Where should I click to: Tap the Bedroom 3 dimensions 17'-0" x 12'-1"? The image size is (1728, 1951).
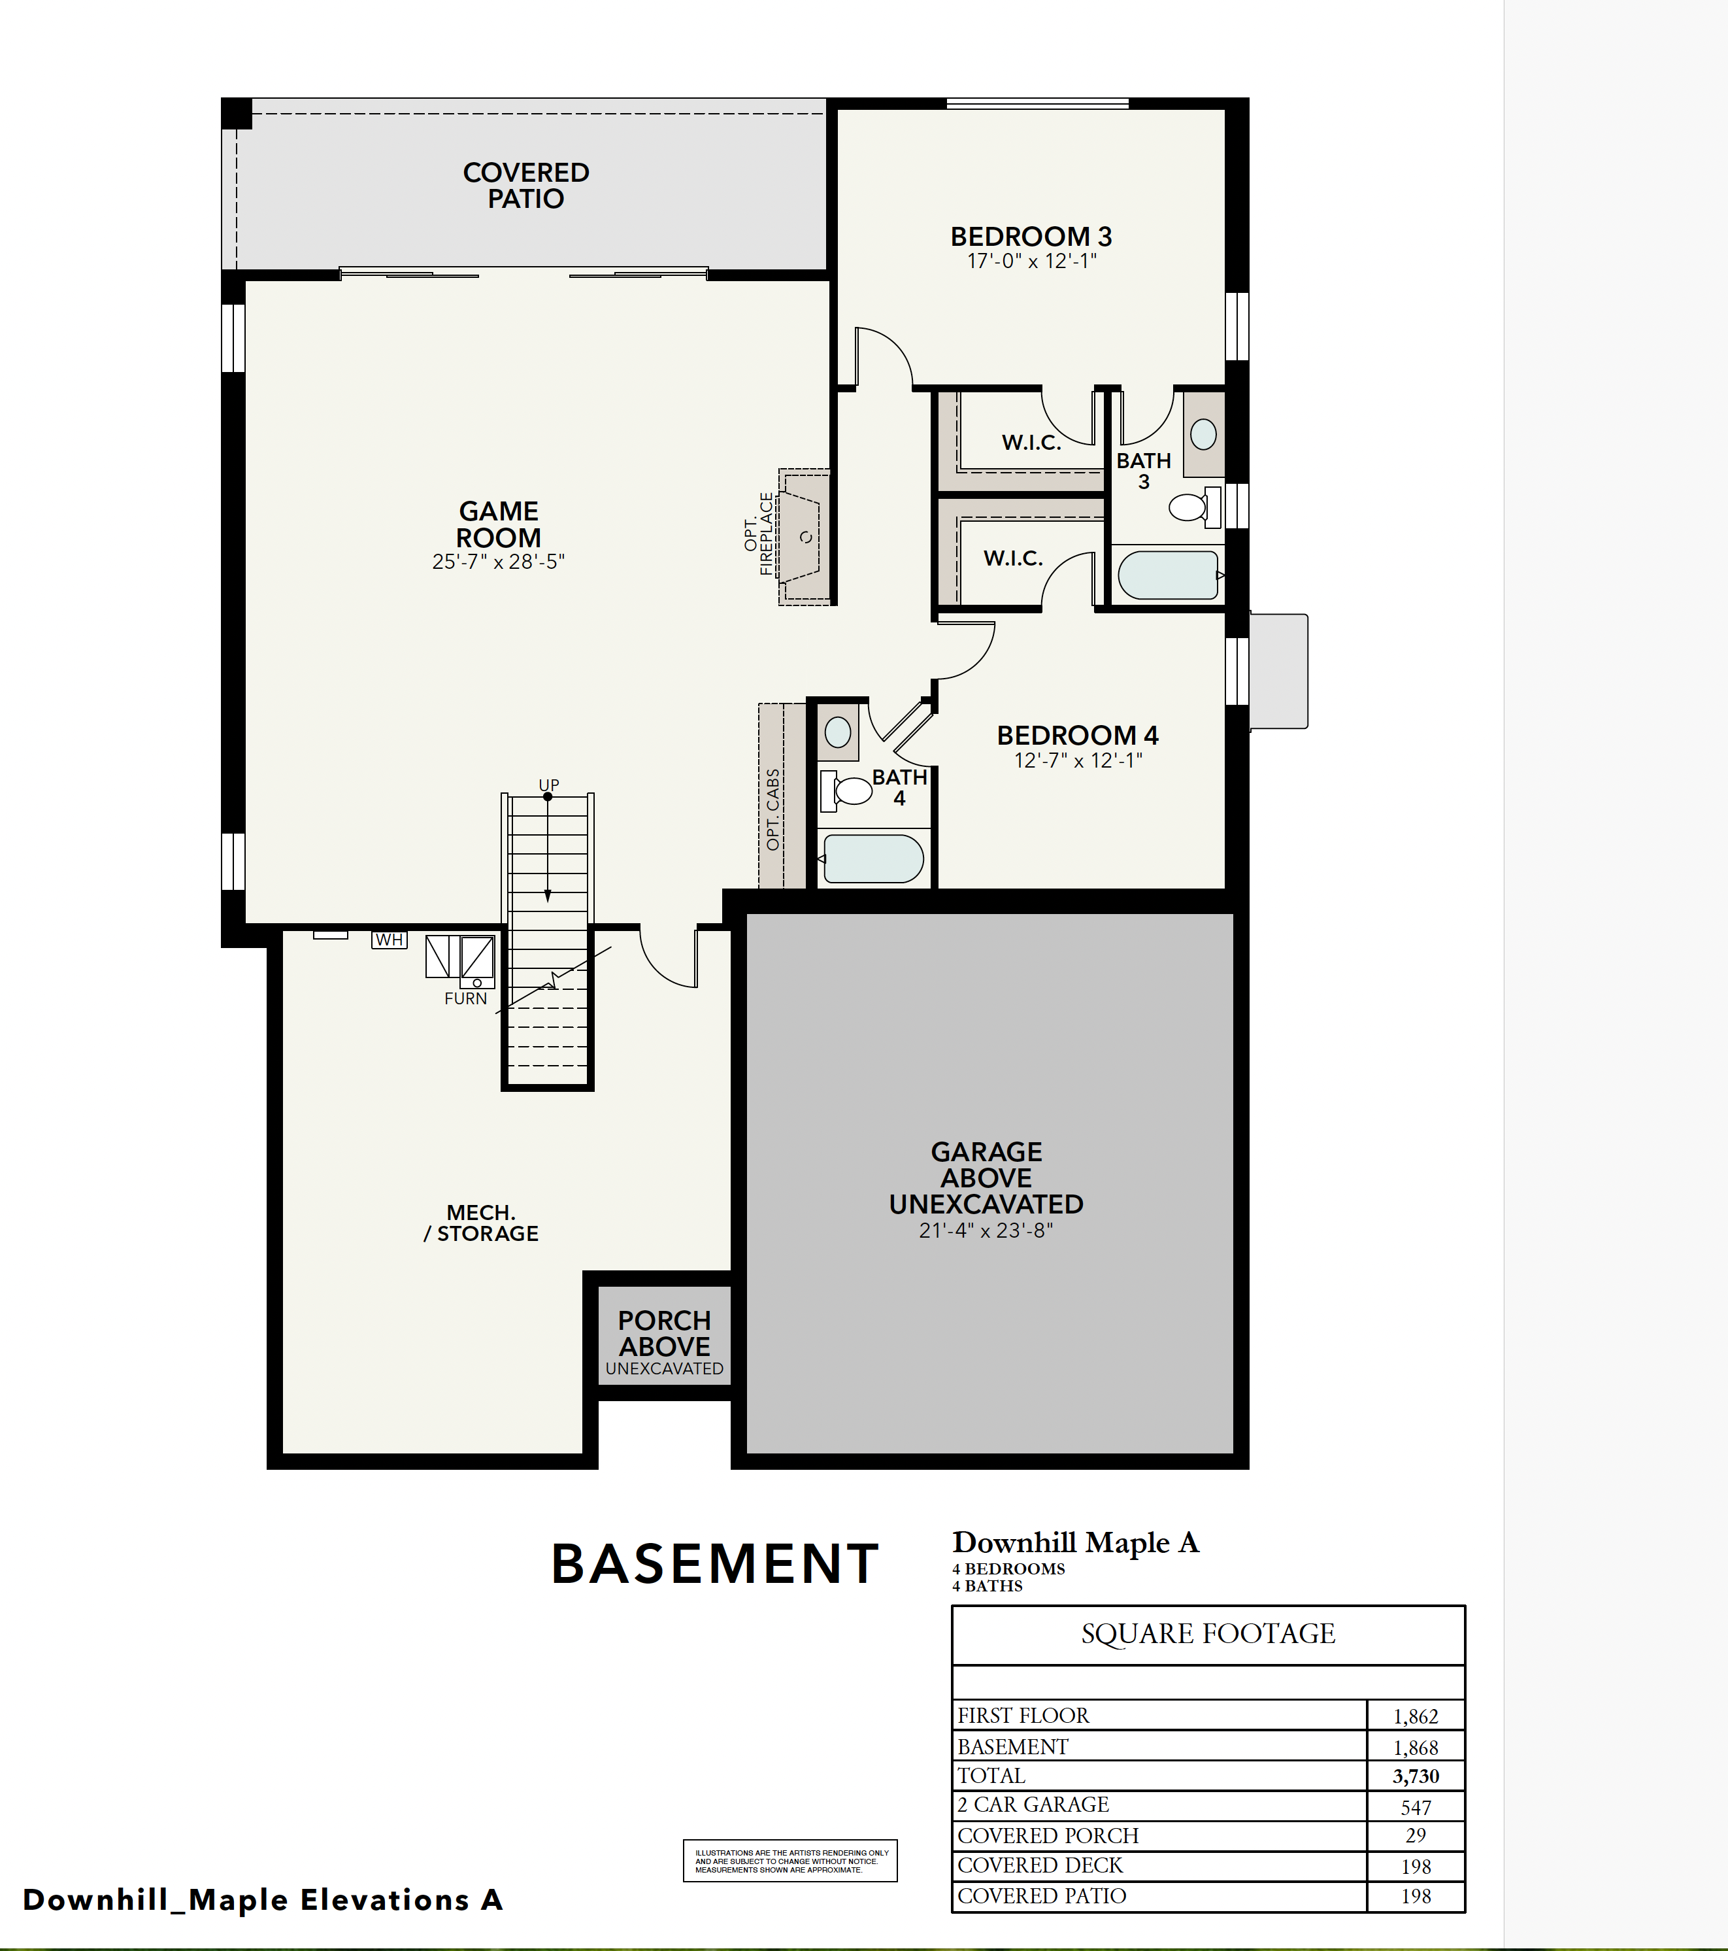pyautogui.click(x=1031, y=261)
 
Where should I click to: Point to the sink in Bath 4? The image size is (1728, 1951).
pyautogui.click(x=838, y=732)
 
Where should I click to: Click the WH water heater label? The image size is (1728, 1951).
pyautogui.click(x=388, y=940)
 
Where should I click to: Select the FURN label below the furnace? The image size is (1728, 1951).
pyautogui.click(x=465, y=998)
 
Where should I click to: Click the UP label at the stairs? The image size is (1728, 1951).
pyautogui.click(x=548, y=785)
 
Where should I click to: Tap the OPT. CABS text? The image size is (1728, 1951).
pyautogui.click(x=773, y=809)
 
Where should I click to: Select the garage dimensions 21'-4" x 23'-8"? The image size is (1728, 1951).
pyautogui.click(x=986, y=1230)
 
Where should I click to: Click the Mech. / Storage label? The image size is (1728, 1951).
pyautogui.click(x=481, y=1223)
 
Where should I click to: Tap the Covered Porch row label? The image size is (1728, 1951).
pyautogui.click(x=1048, y=1835)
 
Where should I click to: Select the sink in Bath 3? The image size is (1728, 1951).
pyautogui.click(x=1203, y=434)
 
